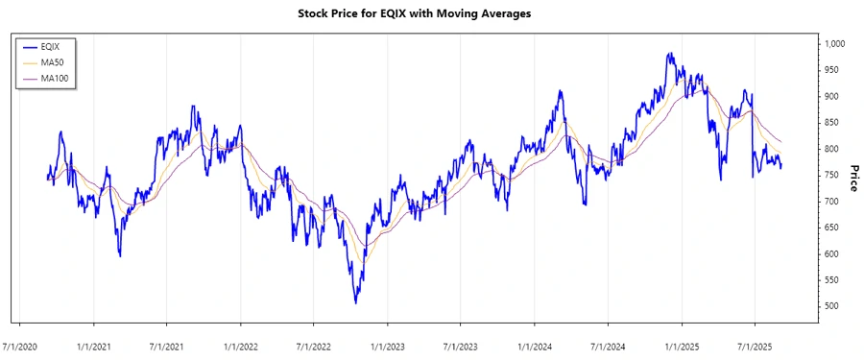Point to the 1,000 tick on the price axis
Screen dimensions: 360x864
pos(832,44)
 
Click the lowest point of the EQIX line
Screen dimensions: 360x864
pos(355,303)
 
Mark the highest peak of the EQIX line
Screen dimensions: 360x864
pos(669,54)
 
